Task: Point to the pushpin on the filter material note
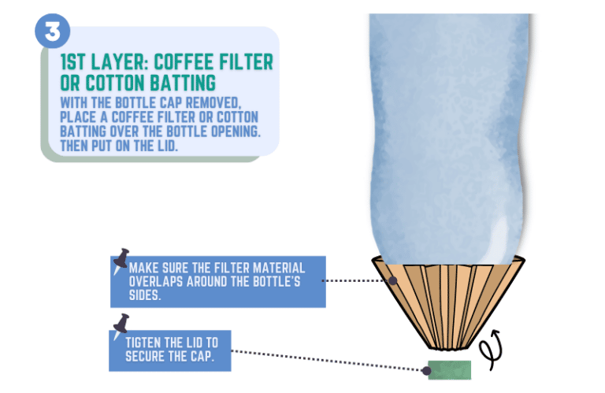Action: (122, 258)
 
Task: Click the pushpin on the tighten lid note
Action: (121, 323)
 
